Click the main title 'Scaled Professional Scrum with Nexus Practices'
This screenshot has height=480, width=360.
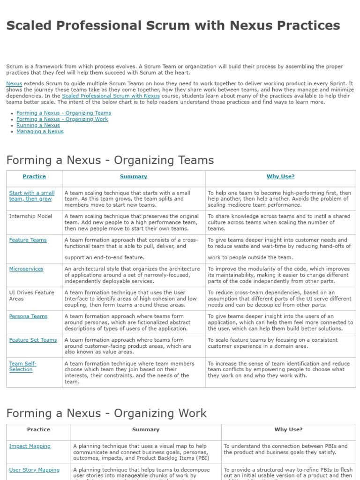(173, 25)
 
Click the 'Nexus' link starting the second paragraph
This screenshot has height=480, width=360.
(14, 83)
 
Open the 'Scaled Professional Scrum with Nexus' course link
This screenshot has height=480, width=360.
(111, 96)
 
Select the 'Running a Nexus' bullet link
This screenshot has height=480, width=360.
(38, 125)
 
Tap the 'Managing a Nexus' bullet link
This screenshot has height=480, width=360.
(40, 131)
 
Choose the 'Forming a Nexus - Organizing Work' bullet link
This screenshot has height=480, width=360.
(62, 119)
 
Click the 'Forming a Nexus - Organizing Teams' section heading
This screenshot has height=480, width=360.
(110, 160)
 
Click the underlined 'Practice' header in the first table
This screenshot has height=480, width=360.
(34, 176)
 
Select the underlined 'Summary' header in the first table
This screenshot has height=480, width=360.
(133, 176)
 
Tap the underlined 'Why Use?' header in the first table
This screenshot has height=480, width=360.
(280, 176)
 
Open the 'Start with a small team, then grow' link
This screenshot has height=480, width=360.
(31, 196)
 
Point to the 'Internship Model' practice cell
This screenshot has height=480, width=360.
(30, 216)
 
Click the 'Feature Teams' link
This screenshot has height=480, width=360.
(28, 240)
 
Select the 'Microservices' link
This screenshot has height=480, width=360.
(26, 269)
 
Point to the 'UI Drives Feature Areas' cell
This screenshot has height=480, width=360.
(31, 295)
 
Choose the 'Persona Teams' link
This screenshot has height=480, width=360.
(28, 316)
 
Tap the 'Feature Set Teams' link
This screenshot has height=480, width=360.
(33, 340)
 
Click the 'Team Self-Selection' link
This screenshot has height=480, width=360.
(22, 367)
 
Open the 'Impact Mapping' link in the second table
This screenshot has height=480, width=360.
(30, 446)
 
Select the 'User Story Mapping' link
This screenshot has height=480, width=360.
(34, 470)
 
